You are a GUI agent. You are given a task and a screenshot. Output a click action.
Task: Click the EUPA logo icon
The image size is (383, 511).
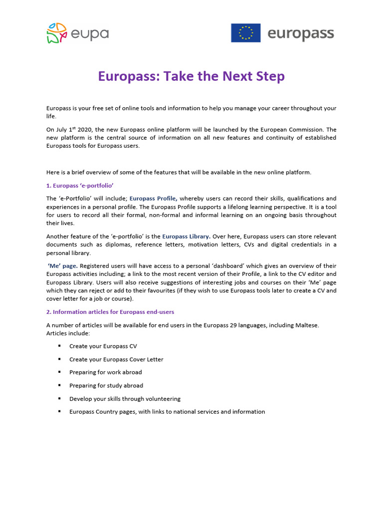[x=56, y=33]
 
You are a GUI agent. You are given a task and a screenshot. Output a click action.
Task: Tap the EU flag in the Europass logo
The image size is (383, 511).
[x=245, y=33]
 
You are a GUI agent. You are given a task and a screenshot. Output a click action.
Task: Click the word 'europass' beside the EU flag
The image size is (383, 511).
[x=301, y=34]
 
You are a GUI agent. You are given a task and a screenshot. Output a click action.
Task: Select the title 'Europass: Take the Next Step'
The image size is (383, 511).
[x=191, y=76]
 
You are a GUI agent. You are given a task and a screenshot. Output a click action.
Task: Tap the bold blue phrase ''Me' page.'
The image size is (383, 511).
[x=63, y=265]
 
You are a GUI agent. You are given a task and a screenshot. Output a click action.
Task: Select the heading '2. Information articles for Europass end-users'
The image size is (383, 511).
[x=110, y=312]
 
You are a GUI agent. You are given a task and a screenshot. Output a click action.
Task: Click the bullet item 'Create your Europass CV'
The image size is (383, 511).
[x=103, y=346]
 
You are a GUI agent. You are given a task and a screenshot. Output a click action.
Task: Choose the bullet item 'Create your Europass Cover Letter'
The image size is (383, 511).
[x=116, y=359]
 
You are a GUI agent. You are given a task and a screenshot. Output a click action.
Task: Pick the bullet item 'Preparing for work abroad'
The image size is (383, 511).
[x=106, y=372]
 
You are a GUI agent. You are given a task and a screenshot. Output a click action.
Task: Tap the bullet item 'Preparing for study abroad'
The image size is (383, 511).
[x=106, y=385]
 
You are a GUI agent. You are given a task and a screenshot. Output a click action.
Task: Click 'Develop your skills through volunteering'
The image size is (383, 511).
[x=125, y=399]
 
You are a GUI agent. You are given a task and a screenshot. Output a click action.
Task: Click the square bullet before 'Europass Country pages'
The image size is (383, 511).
[x=59, y=412]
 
